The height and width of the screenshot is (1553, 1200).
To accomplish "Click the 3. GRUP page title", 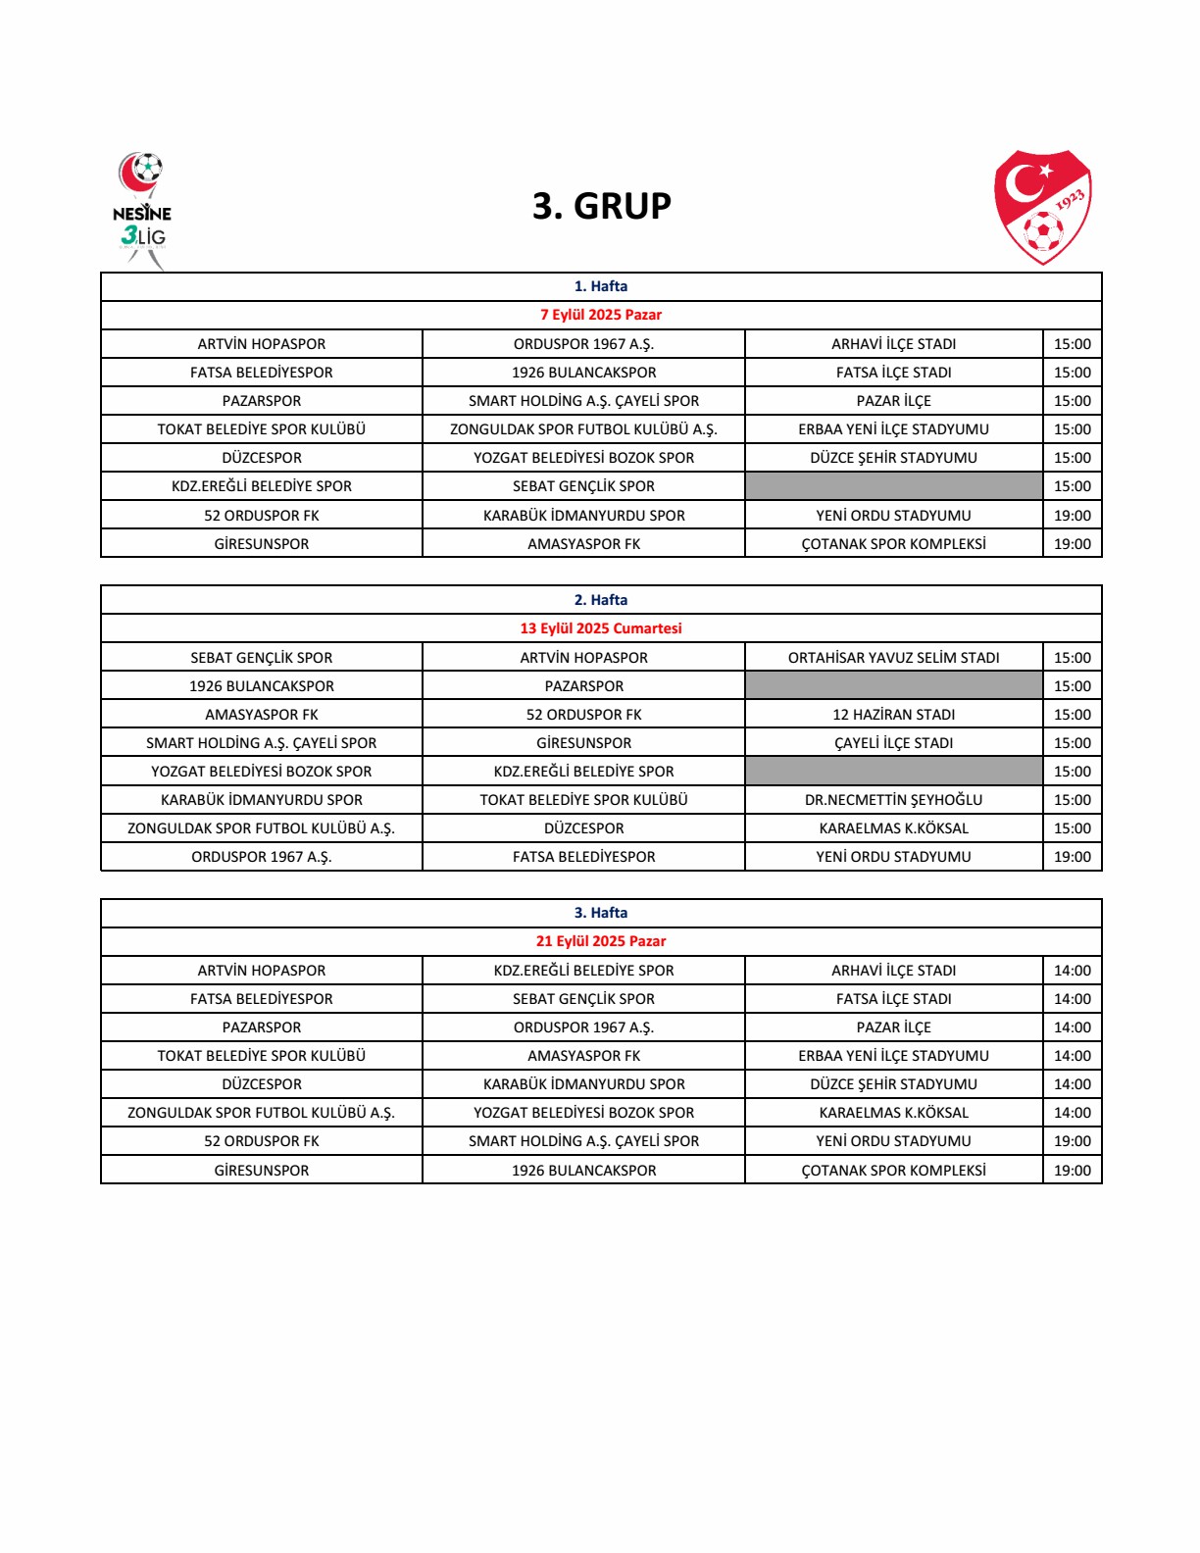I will pos(601,206).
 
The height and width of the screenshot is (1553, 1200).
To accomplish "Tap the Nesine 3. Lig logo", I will pos(142,210).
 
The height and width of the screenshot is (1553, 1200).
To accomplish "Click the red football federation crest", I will pos(1042,206).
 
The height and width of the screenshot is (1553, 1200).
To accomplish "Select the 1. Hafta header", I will pos(601,286).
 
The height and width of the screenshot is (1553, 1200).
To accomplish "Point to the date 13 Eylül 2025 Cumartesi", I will pos(601,628).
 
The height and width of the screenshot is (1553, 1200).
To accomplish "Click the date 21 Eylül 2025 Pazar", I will pos(601,941).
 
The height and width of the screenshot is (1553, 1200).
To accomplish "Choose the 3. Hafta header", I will pos(601,913).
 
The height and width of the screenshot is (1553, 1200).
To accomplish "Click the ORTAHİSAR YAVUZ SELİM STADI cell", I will pos(893,658).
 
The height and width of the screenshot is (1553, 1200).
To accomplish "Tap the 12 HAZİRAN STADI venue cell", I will pos(893,715).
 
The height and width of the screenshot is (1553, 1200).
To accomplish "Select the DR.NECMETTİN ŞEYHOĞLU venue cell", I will pos(893,800).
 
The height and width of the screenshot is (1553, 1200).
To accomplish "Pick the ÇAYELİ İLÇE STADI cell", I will pos(893,743).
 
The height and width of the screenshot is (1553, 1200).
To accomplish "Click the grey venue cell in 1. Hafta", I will pos(893,486).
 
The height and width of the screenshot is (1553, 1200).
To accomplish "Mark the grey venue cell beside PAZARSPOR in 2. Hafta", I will pos(893,686).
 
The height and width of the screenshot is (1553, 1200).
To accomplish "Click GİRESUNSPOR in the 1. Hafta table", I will pos(262,544).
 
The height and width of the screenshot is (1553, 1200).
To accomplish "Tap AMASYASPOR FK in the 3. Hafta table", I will pos(583,1056).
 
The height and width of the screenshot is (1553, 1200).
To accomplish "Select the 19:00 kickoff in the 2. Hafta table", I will pos(1072,857).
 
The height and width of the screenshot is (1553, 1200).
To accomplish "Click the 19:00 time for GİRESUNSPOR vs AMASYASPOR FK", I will pos(1072,544).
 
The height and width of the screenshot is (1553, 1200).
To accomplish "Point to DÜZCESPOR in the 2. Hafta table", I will pos(583,828).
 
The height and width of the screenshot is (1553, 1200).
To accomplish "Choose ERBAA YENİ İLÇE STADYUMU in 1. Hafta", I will pos(893,429).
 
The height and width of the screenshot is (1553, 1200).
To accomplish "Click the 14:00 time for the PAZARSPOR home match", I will pos(1072,1027).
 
